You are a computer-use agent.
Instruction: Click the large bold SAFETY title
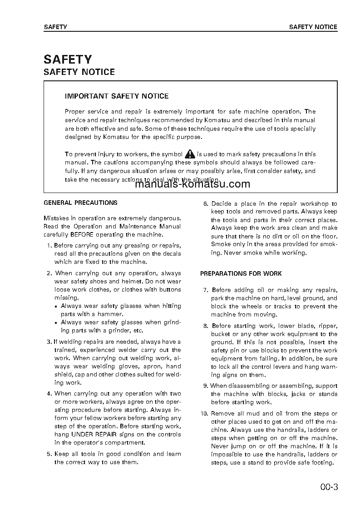[68, 59]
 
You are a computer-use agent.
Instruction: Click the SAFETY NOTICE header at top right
[313, 27]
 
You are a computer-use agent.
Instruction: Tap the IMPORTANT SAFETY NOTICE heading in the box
[117, 96]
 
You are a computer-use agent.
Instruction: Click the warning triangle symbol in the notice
[190, 154]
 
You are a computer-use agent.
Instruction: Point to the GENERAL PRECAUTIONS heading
[80, 203]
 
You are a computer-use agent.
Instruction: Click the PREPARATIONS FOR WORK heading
[241, 274]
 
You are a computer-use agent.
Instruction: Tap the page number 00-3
[329, 488]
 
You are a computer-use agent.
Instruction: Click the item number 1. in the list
[49, 246]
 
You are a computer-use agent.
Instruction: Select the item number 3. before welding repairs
[49, 342]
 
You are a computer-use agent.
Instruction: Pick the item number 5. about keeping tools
[49, 454]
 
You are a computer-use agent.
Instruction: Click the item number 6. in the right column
[205, 204]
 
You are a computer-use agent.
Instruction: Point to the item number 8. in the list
[206, 326]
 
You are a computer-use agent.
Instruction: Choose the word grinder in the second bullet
[113, 331]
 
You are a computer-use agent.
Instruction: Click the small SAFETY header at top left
[55, 27]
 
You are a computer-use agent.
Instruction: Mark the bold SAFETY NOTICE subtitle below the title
[79, 72]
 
